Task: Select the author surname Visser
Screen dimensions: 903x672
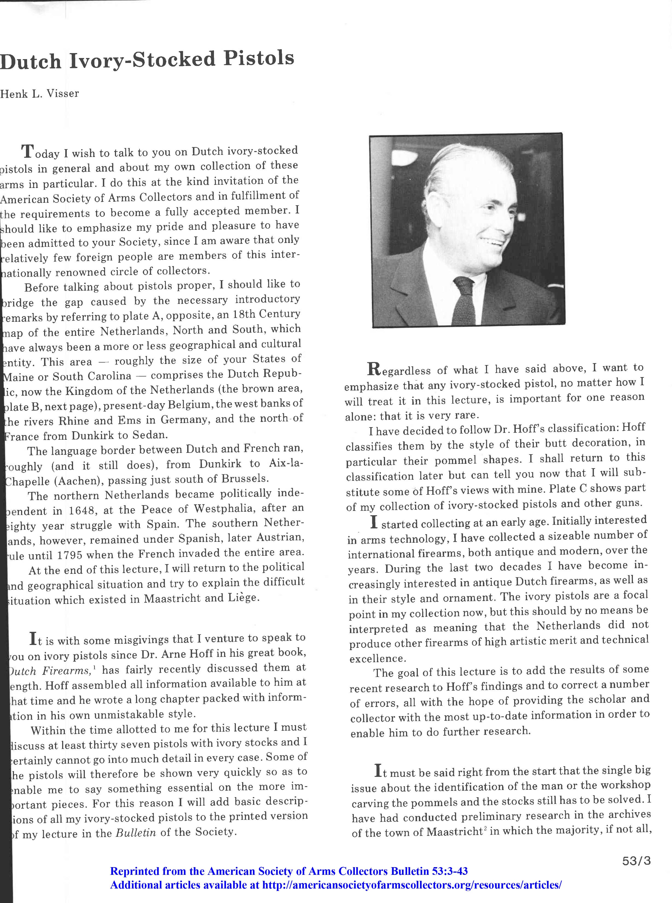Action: coord(63,94)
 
